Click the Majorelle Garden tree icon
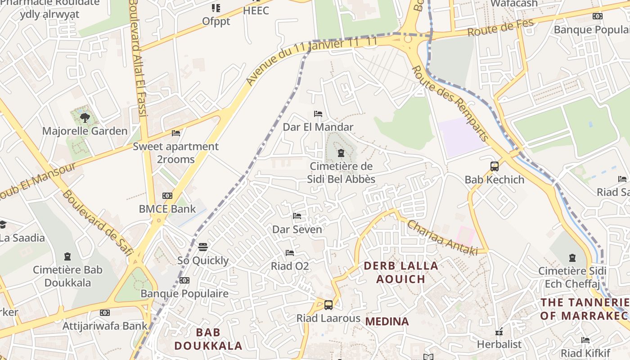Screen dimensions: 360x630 coord(85,118)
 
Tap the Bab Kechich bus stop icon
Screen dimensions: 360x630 coord(495,166)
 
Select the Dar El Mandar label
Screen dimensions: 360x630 coord(318,127)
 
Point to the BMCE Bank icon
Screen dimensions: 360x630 coord(167,196)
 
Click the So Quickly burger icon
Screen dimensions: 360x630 coord(203,247)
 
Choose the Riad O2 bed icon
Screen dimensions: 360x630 coord(290,253)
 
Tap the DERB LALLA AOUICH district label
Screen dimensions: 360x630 coord(394,272)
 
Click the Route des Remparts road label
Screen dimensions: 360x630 coord(450,103)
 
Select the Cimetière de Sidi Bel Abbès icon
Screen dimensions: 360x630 coord(341,153)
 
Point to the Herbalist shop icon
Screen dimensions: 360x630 coord(499,332)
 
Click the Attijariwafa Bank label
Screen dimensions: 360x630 coord(105,326)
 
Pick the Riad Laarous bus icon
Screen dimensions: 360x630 coord(328,305)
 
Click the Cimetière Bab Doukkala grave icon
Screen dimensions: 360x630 coord(67,257)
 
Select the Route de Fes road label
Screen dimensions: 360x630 coord(500,28)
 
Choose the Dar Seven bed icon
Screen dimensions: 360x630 coord(297,216)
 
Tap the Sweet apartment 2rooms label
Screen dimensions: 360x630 coord(175,153)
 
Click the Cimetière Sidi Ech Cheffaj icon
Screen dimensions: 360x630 coord(572,258)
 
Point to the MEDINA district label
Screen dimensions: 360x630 coord(387,321)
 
